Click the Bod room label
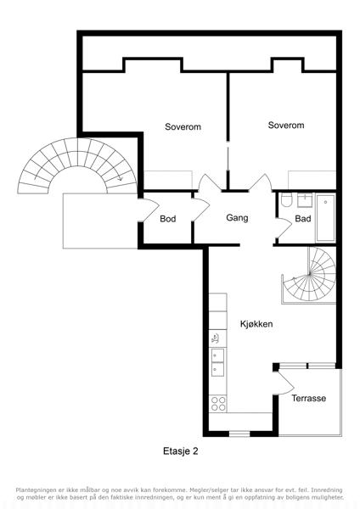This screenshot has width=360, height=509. point(167,219)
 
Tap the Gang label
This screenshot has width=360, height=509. point(237,218)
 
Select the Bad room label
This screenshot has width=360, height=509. point(303,219)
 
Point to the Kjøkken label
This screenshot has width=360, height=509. point(256,324)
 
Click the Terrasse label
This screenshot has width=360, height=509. point(309,398)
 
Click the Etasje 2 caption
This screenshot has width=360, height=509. point(180,451)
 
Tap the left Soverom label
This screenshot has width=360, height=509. point(183,126)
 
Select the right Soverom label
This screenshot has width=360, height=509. point(286,125)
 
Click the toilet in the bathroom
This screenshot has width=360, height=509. point(287,200)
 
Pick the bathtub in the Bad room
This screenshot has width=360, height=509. point(325,218)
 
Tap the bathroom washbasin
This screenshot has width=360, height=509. point(305,200)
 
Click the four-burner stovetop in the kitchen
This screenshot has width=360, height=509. point(218,404)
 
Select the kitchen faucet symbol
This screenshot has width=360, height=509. point(215,339)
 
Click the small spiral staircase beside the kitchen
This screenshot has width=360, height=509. point(309,276)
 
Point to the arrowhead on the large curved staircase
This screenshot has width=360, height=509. point(120,178)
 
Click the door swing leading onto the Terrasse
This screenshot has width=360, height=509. point(286,383)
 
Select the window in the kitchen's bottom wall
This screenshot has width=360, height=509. point(239,433)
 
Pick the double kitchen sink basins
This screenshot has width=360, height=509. point(217,362)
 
